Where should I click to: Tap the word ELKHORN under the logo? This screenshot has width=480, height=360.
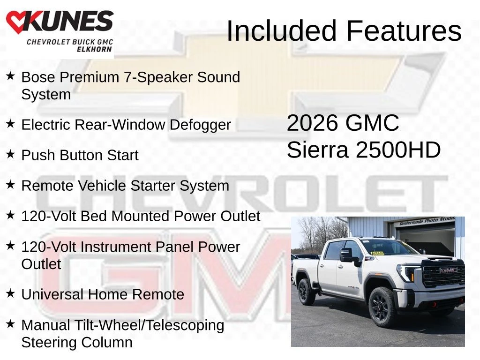(x=94, y=49)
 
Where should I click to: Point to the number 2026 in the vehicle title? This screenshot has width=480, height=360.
(x=313, y=123)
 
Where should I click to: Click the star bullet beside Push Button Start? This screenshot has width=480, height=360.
(x=10, y=154)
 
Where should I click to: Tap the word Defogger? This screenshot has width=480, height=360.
(x=200, y=125)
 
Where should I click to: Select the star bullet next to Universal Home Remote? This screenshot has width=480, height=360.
(x=10, y=293)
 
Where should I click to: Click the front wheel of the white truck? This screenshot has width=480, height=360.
(x=382, y=307)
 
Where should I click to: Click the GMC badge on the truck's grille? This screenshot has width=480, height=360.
(x=449, y=270)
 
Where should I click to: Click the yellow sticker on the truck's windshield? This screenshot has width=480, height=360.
(x=377, y=253)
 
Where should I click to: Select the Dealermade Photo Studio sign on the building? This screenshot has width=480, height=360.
(x=427, y=221)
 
